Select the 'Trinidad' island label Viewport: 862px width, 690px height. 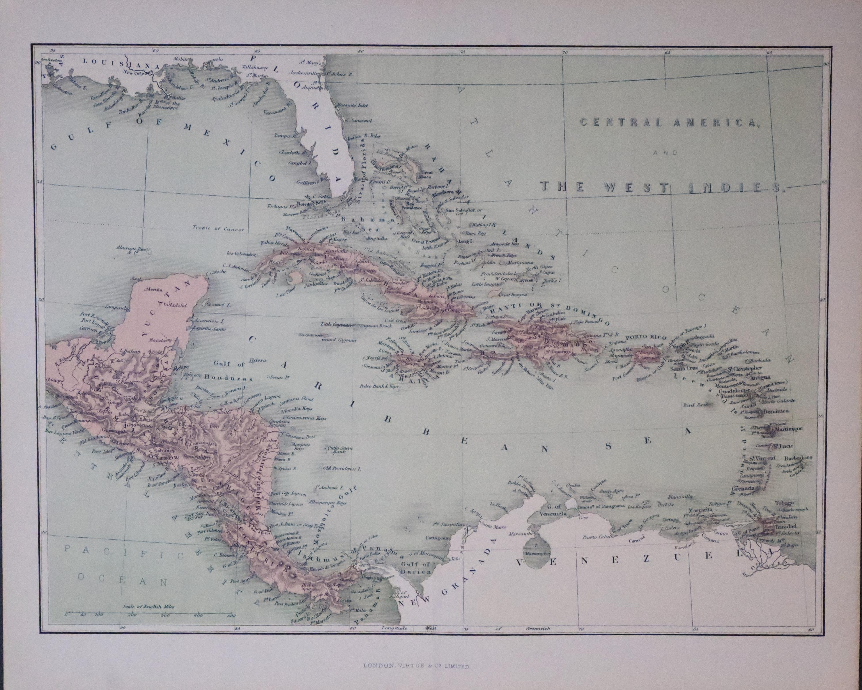click(x=786, y=526)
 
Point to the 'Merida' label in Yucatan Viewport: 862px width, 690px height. click(x=154, y=289)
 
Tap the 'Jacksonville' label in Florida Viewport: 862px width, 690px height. click(x=303, y=73)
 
